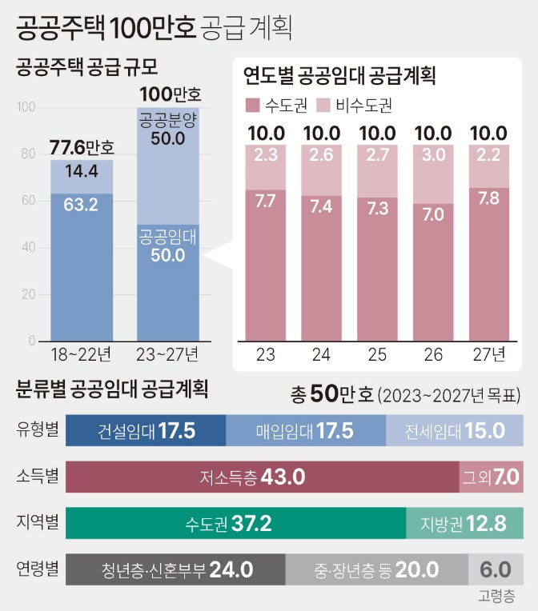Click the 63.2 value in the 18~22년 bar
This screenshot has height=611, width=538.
(80, 205)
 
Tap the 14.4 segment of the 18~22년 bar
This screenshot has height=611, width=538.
(80, 170)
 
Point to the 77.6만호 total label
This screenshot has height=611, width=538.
(81, 147)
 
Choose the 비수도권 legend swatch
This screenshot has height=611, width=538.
(324, 105)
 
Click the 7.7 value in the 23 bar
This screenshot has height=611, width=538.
(265, 201)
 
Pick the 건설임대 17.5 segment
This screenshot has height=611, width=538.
(146, 430)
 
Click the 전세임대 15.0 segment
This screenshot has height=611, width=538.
(455, 430)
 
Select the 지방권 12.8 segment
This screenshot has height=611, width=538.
(464, 524)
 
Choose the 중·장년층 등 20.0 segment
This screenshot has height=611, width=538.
(376, 570)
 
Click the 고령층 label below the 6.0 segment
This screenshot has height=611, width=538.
(496, 596)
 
